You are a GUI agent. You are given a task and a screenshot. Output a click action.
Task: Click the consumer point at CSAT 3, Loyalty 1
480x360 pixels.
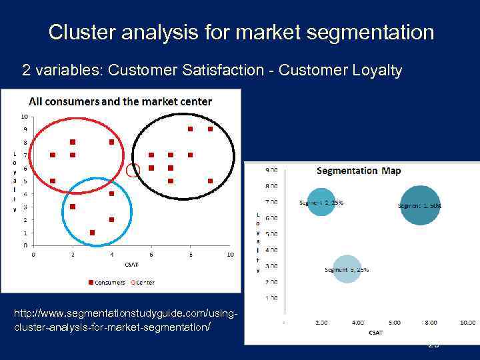(92, 233)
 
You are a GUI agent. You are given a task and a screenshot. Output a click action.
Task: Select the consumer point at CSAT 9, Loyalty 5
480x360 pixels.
(210, 181)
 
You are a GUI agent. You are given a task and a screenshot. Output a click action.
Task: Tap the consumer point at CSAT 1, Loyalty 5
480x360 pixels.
(53, 181)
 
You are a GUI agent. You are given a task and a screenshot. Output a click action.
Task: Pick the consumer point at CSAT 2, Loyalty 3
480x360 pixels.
(73, 207)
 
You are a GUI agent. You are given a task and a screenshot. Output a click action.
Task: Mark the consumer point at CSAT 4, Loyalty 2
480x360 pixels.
(111, 219)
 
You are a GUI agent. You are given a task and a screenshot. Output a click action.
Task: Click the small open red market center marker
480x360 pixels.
(133, 171)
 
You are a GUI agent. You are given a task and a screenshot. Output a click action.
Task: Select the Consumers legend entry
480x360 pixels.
(107, 282)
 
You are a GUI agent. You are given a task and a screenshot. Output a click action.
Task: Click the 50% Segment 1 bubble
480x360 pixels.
(419, 205)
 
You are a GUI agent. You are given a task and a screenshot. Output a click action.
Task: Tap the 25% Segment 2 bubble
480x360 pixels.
(321, 202)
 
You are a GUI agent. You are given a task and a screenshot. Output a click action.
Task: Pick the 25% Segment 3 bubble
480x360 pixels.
(347, 269)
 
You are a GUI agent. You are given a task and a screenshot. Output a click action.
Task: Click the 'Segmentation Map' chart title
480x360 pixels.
(359, 171)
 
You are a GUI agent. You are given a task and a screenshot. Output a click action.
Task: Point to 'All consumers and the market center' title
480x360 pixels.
(120, 102)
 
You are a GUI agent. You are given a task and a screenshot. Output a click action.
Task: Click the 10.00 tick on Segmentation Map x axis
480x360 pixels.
(467, 322)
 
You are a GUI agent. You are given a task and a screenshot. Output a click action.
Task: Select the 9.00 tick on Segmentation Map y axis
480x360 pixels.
(272, 171)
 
